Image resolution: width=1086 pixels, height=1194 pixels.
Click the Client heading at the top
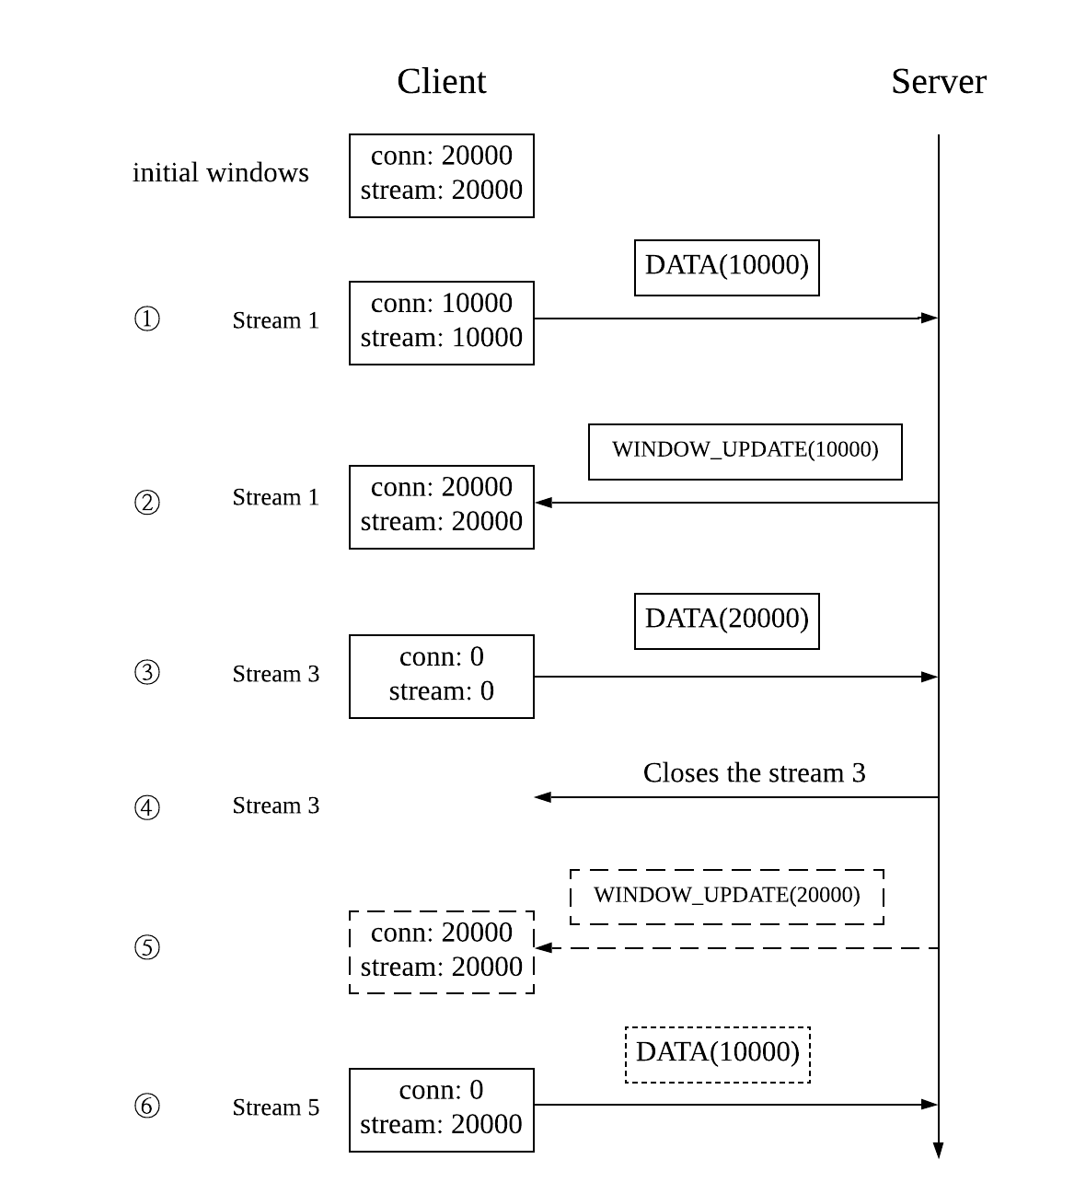pos(441,81)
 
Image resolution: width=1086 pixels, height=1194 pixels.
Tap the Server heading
pos(938,81)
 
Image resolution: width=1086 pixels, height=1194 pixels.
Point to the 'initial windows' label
pos(220,173)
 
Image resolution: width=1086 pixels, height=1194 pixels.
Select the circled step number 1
pos(147,319)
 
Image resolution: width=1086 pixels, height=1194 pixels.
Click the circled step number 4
pos(147,807)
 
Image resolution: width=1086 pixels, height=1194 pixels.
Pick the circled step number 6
pos(147,1106)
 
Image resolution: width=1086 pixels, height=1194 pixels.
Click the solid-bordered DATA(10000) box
pos(726,267)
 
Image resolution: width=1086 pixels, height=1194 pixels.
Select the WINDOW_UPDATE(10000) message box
pos(745,451)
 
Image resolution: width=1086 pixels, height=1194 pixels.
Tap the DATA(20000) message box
pos(726,620)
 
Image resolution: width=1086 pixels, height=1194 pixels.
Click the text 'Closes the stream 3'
pos(754,772)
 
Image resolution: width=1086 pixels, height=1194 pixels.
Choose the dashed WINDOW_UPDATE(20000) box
pos(726,896)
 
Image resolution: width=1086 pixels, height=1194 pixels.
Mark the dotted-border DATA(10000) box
pos(717,1054)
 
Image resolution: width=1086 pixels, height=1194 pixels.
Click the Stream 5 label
pos(275,1107)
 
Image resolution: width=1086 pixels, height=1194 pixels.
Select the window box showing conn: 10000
pos(441,322)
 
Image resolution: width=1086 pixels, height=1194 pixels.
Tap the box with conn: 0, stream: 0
pos(441,676)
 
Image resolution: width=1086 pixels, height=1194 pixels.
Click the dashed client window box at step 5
pos(441,951)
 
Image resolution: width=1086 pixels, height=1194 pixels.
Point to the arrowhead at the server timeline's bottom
pos(938,1150)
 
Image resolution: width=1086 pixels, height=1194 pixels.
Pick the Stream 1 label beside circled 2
pos(275,497)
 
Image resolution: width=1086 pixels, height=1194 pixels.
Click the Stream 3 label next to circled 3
pos(275,674)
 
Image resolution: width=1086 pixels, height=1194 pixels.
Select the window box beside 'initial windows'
pos(441,175)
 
